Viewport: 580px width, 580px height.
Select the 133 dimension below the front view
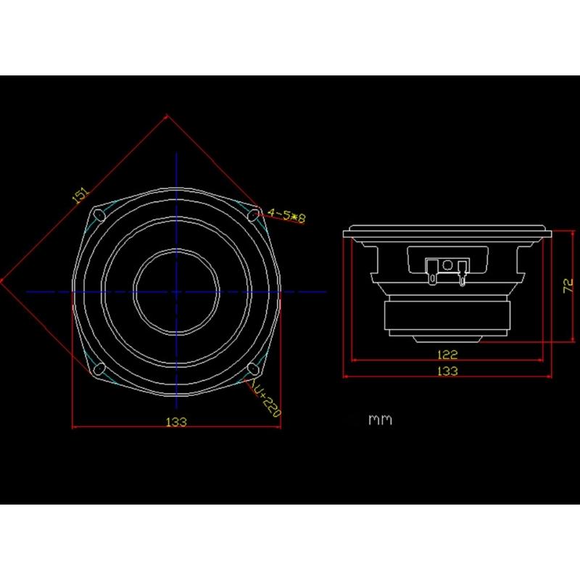tap(176, 421)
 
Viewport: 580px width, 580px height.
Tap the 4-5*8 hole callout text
tap(287, 215)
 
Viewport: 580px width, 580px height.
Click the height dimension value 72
tap(568, 285)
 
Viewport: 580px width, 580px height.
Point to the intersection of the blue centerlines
tap(176, 291)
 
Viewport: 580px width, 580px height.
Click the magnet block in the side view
tap(447, 318)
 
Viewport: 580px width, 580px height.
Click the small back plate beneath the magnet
tap(447, 339)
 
